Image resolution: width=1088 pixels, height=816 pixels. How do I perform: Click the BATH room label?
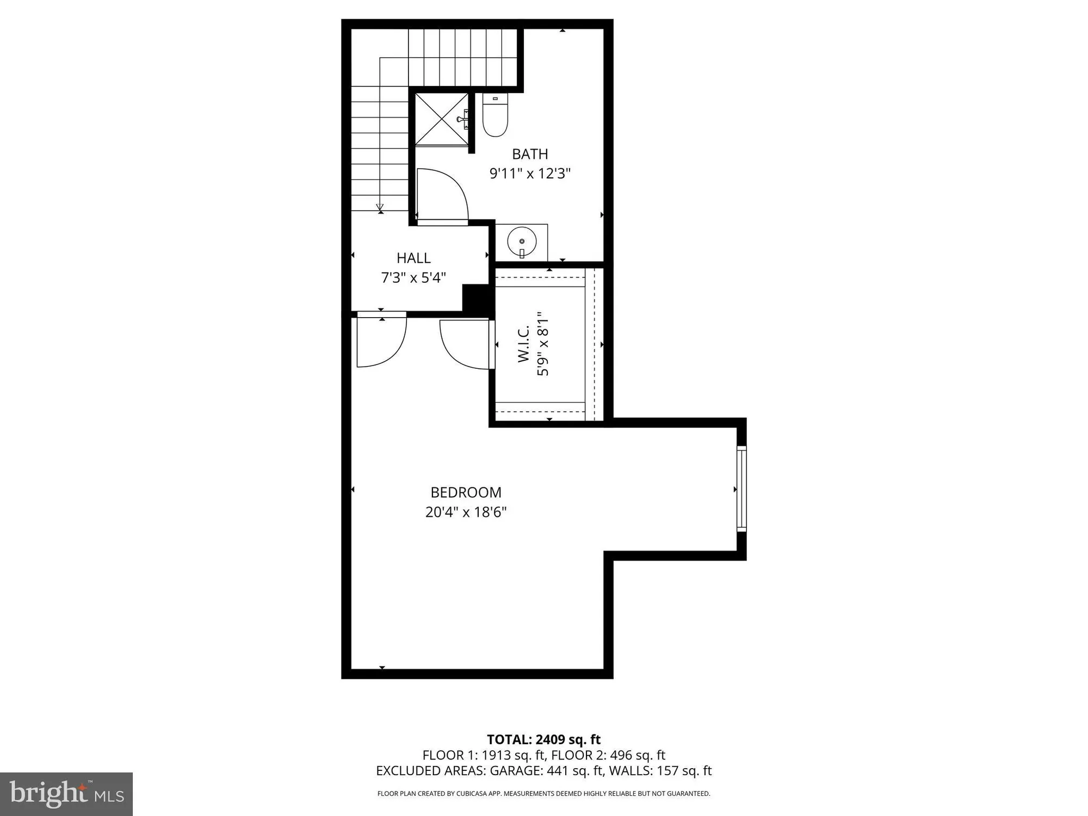[x=530, y=154]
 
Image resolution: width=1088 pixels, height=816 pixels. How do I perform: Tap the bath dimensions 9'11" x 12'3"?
[x=530, y=174]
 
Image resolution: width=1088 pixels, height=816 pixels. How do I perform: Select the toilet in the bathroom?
[x=495, y=116]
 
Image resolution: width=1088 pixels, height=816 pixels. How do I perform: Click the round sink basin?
[x=522, y=241]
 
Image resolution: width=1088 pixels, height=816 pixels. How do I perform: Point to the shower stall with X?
[x=441, y=119]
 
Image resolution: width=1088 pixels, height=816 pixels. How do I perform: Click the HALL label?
[x=413, y=258]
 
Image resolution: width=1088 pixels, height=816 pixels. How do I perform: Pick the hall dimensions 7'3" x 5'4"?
[x=413, y=278]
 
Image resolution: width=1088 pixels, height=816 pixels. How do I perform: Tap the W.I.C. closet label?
[x=523, y=344]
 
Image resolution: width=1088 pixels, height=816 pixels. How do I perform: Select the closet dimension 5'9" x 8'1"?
[x=543, y=344]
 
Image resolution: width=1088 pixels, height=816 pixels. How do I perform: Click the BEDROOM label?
[x=466, y=492]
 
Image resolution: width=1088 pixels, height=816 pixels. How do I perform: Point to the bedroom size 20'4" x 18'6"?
[x=466, y=512]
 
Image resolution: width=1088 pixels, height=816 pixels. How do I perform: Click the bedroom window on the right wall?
[x=741, y=488]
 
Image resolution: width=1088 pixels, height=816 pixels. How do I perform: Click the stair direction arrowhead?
[x=380, y=208]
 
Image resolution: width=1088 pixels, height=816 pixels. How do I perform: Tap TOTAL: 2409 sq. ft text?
[x=543, y=740]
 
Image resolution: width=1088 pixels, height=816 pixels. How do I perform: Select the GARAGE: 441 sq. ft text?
[x=546, y=771]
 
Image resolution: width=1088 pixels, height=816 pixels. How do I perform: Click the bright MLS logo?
[x=66, y=794]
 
